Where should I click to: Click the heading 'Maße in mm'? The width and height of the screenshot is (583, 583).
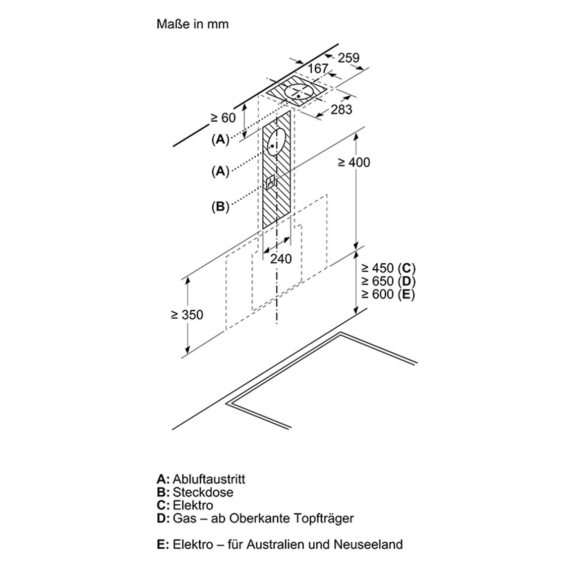192,24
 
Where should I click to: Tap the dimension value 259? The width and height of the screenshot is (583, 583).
349,57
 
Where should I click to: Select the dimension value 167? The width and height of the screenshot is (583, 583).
318,69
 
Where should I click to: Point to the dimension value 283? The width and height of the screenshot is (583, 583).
341,109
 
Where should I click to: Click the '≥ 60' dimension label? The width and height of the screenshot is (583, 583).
223,118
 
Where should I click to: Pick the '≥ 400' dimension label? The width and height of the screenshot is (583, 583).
354,162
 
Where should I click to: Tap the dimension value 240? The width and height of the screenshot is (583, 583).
281,259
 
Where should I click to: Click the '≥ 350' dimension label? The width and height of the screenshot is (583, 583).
187,315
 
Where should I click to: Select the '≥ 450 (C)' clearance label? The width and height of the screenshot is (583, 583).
388,268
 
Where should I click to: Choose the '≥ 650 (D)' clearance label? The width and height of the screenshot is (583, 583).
388,281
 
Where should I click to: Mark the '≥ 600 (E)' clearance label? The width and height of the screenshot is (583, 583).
388,294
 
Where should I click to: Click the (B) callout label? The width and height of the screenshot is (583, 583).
220,206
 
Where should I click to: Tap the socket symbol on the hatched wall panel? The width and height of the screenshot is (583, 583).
271,182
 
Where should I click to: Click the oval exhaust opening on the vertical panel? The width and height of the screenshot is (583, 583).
276,142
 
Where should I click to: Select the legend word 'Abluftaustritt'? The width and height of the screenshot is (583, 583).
209,479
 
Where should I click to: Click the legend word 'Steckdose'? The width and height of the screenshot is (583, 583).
203,492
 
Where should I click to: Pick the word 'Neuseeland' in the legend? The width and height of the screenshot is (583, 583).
368,544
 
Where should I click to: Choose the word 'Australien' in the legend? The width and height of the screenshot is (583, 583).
276,544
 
